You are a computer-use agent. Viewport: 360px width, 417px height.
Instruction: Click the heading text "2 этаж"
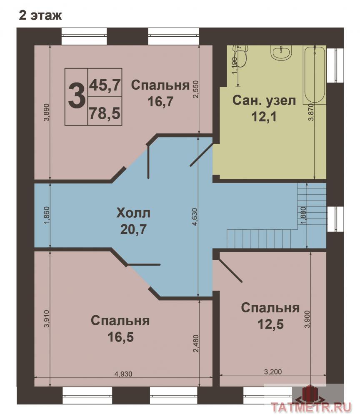(x=40, y=15)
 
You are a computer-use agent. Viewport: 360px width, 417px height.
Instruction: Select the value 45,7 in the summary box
(x=105, y=85)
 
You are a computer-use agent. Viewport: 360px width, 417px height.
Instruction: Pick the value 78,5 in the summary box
(x=105, y=113)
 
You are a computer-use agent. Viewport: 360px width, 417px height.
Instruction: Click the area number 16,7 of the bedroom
(x=160, y=101)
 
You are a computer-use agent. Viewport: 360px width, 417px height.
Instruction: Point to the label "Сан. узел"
(x=264, y=100)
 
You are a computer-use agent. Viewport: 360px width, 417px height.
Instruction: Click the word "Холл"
(x=133, y=213)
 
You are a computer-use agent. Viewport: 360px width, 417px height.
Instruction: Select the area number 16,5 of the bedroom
(x=120, y=337)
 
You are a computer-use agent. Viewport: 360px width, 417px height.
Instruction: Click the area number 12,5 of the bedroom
(x=270, y=324)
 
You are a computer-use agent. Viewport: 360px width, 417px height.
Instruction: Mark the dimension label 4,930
(x=123, y=374)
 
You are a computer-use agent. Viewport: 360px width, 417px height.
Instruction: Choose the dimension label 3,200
(x=273, y=372)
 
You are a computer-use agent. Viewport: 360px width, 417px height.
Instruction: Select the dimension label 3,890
(x=47, y=112)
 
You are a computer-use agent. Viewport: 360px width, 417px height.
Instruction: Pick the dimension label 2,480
(x=196, y=344)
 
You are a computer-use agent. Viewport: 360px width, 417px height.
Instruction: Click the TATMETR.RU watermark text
(x=311, y=407)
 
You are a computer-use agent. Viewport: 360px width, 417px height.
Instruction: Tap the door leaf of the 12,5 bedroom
(x=230, y=270)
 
